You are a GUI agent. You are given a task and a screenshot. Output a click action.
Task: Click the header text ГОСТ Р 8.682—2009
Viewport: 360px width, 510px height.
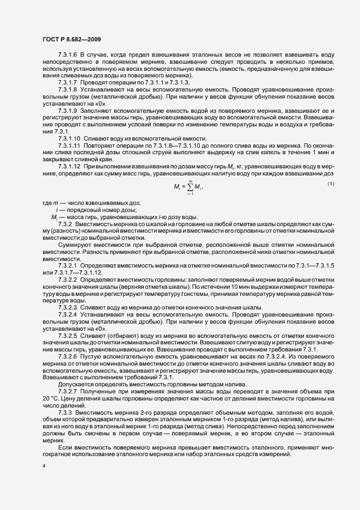(71, 38)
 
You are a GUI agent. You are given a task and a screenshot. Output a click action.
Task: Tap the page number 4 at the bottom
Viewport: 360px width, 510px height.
(44, 466)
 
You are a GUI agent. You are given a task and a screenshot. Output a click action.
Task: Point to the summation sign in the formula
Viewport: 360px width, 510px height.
(190, 187)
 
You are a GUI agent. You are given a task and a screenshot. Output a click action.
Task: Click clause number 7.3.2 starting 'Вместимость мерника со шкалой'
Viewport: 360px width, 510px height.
(66, 224)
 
